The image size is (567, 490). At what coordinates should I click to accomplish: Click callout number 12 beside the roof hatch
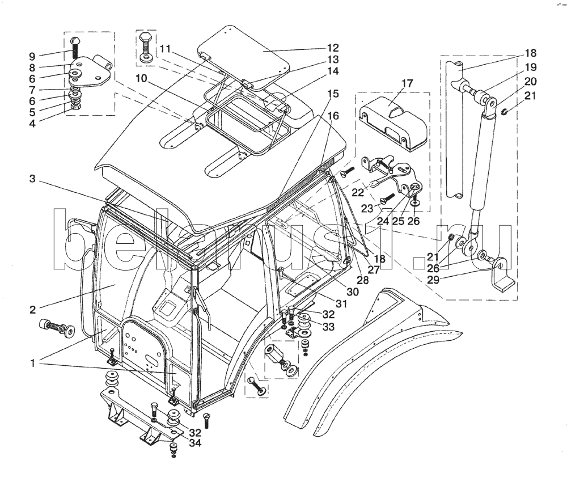[x=332, y=48]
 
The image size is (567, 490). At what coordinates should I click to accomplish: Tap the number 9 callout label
[x=32, y=56]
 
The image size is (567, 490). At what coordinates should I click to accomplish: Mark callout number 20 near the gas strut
[x=530, y=81]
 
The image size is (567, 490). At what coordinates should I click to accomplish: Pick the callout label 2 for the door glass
[x=33, y=310]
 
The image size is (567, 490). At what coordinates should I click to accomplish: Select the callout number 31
[x=340, y=303]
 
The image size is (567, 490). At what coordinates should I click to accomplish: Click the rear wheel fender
[x=369, y=363]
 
